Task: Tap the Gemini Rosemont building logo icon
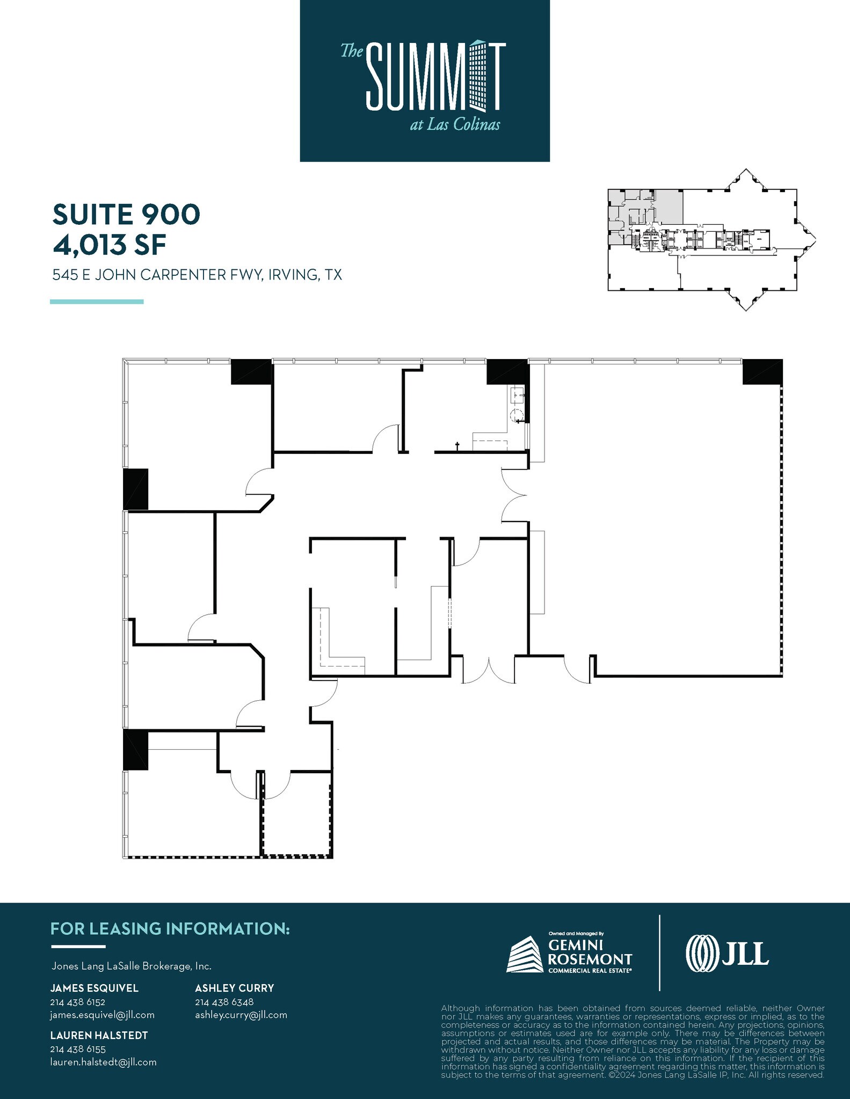pos(525,955)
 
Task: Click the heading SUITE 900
pos(126,214)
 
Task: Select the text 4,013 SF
pos(109,245)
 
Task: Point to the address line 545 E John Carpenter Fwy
pos(197,275)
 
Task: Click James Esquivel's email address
pos(102,1015)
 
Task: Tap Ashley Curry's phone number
pos(224,1002)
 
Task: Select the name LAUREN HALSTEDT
pos(99,1035)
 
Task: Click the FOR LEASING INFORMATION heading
pos(170,929)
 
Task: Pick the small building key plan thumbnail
pos(711,240)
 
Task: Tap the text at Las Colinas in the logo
pos(454,125)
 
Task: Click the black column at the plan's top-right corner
pos(762,371)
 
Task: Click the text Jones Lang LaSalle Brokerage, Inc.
pos(131,966)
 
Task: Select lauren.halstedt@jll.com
pos(103,1062)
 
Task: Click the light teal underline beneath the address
pos(97,302)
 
